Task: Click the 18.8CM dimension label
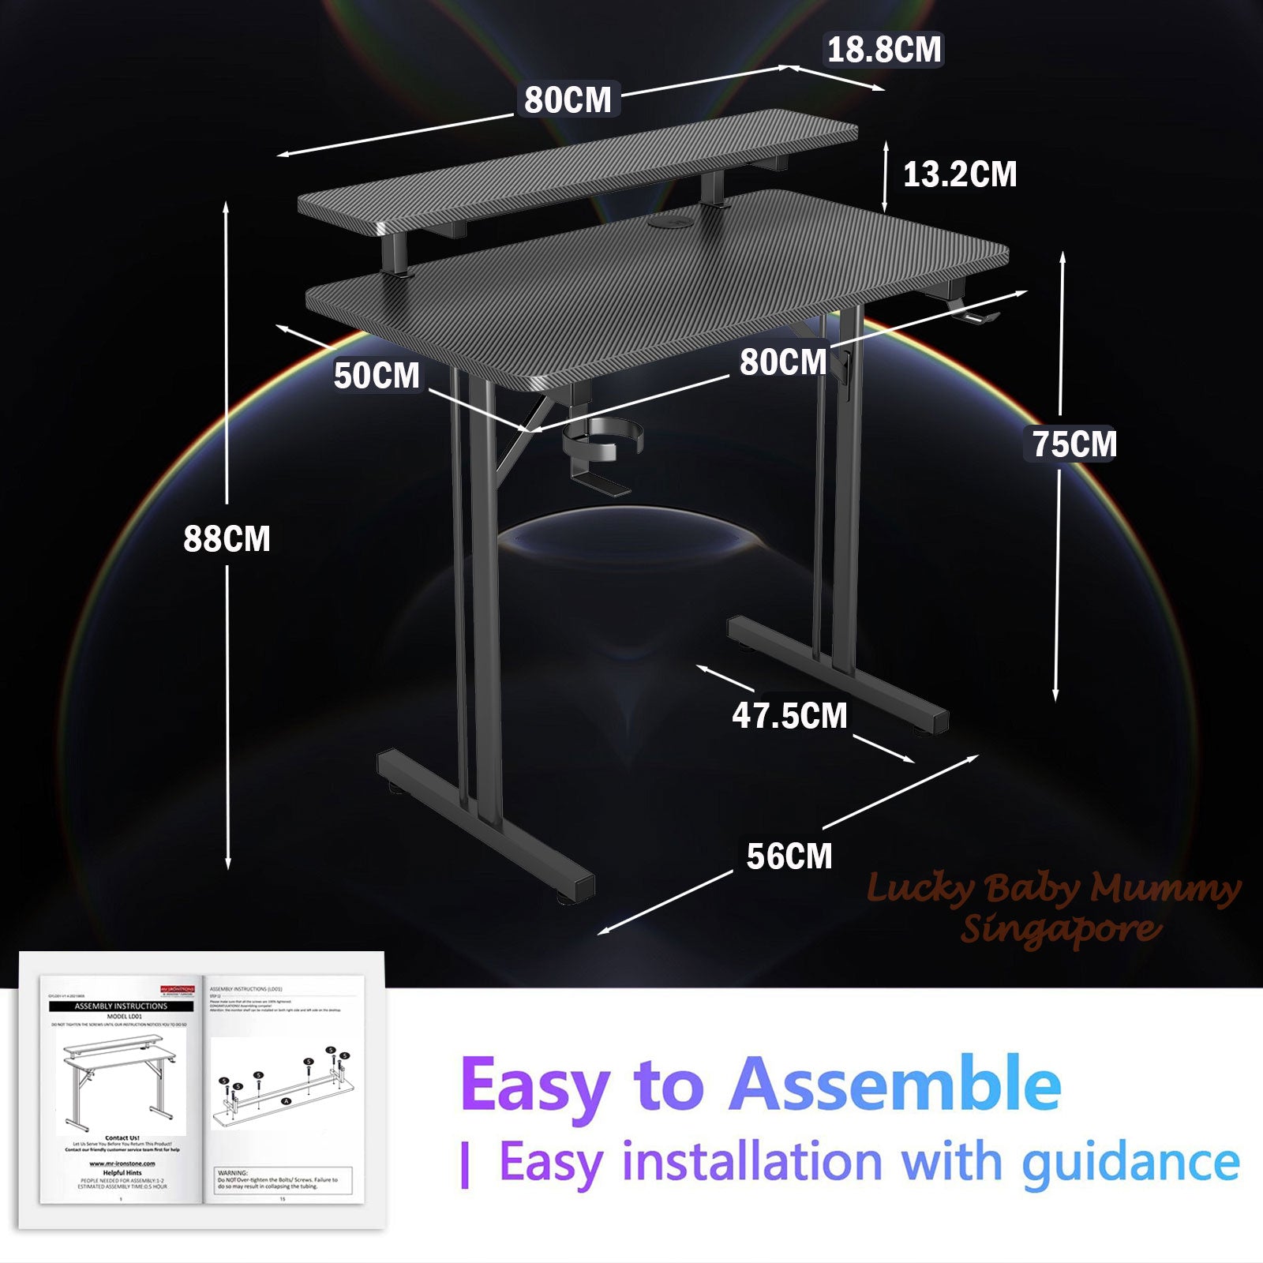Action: click(x=884, y=50)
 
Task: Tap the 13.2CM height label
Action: click(x=960, y=174)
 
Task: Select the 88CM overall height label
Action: click(x=227, y=538)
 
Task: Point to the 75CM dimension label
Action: click(x=1074, y=444)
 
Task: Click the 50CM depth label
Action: click(x=377, y=375)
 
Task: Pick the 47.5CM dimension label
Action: click(x=789, y=715)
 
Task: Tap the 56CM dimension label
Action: click(x=789, y=856)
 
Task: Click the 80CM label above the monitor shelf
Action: click(x=568, y=100)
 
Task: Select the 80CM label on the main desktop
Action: click(x=783, y=362)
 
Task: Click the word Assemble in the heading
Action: click(x=895, y=1085)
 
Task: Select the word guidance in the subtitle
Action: click(x=1130, y=1163)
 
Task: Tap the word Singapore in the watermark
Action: click(x=1061, y=928)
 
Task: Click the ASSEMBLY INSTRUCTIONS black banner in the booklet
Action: click(x=121, y=1006)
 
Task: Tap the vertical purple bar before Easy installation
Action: click(x=466, y=1166)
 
